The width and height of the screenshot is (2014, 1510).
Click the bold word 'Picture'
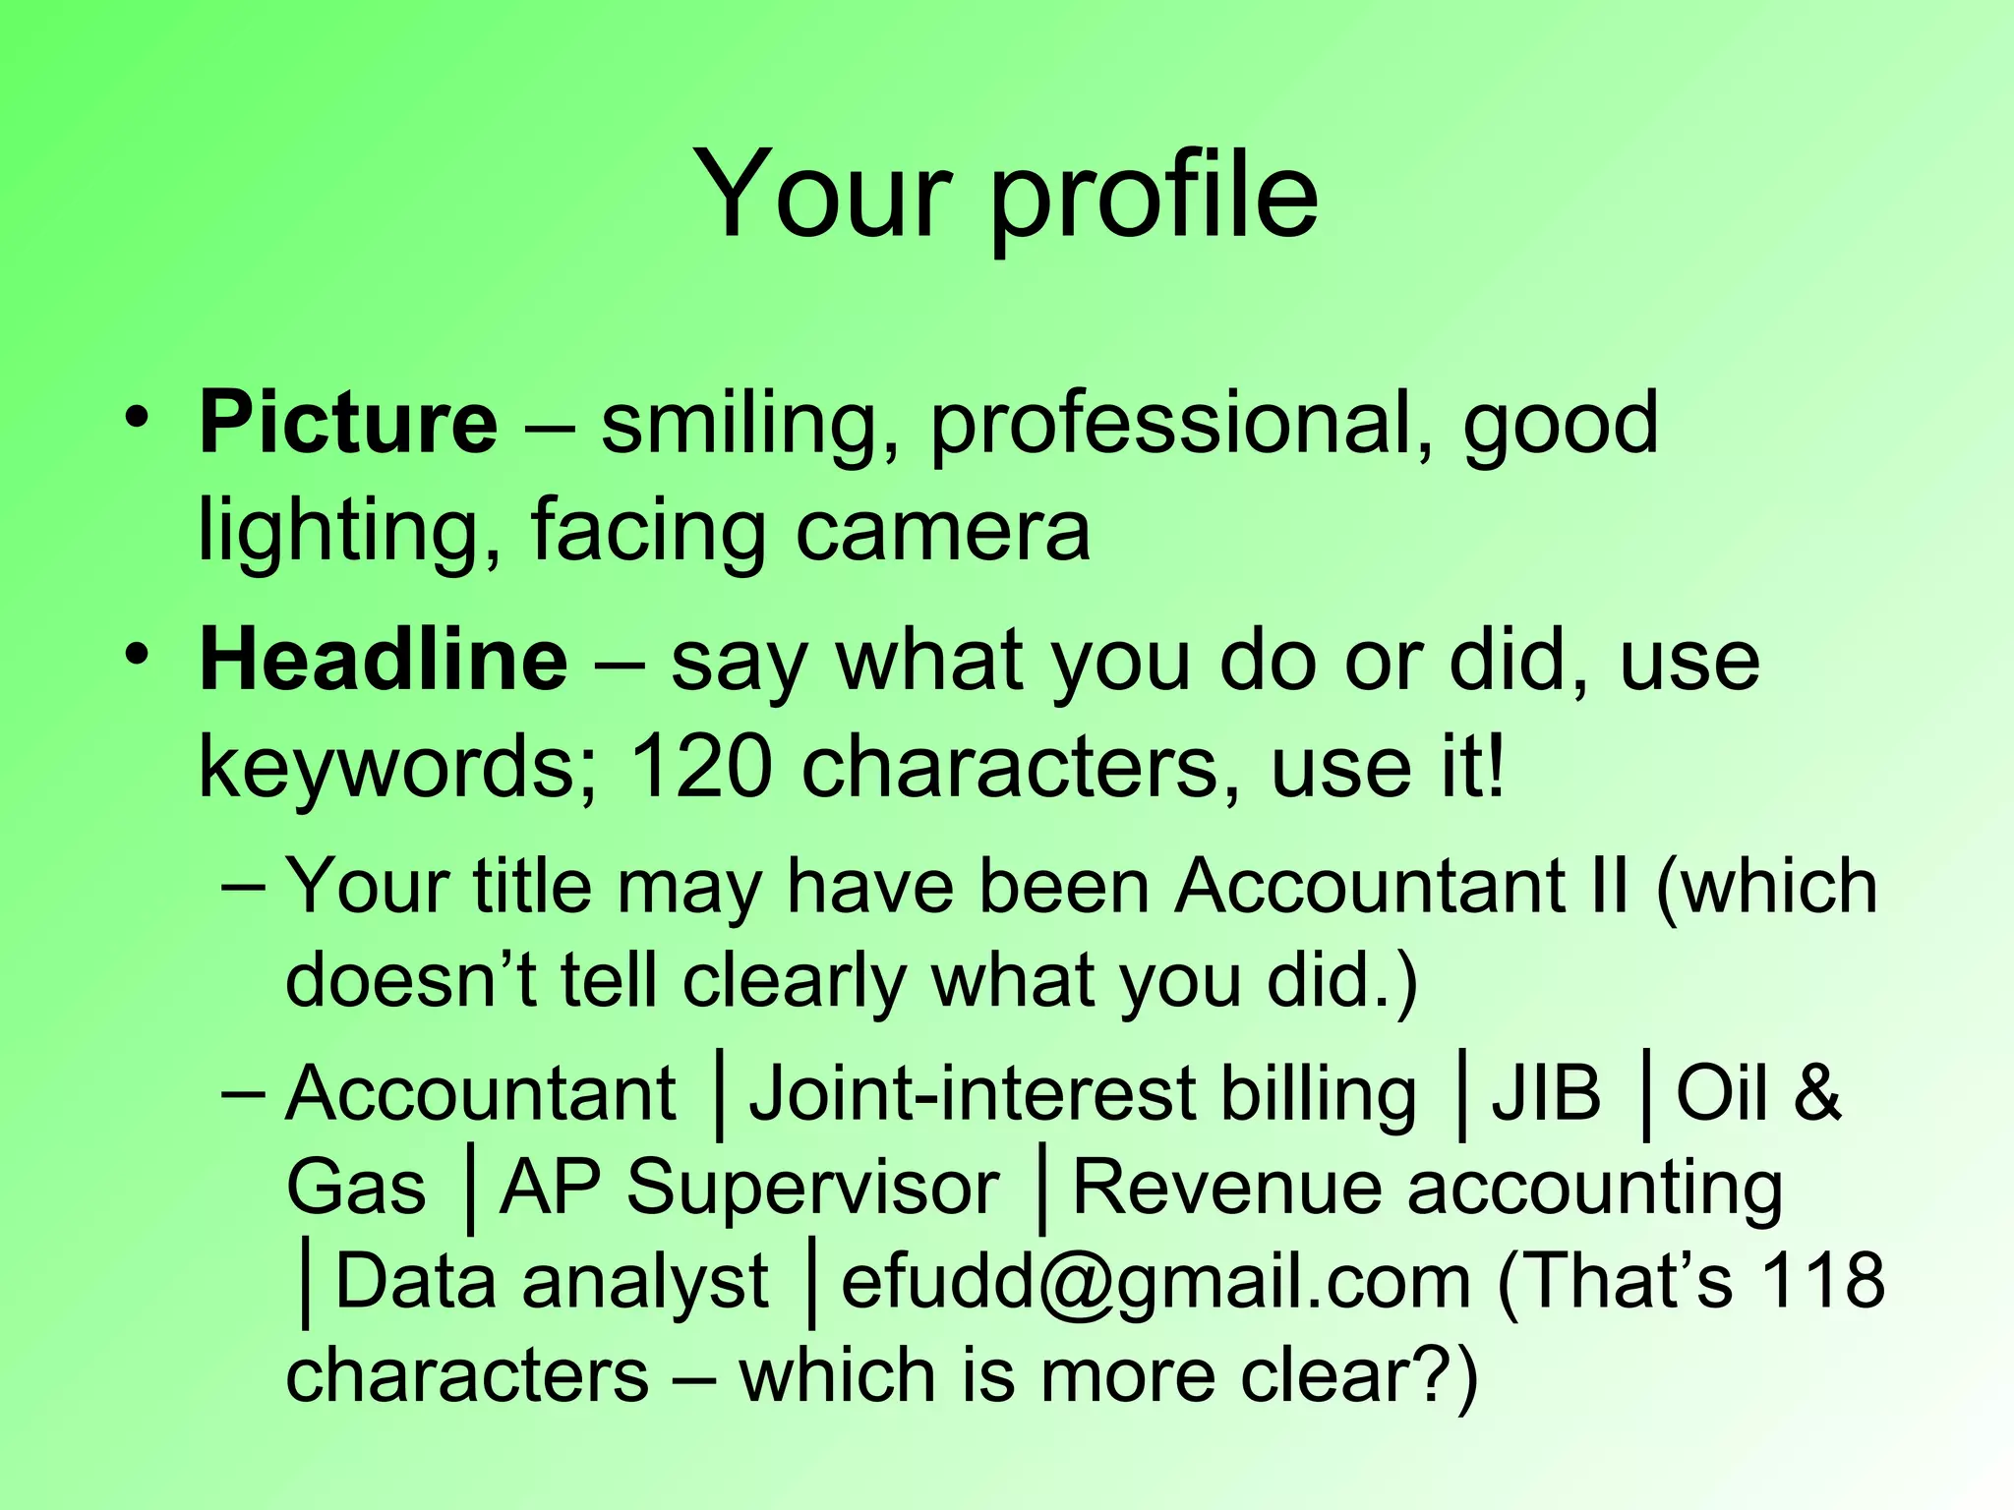click(348, 424)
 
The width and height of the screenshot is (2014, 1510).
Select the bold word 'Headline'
click(383, 661)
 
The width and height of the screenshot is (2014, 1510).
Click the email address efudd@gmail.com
click(1155, 1282)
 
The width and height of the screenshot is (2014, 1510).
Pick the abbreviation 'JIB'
click(1547, 1093)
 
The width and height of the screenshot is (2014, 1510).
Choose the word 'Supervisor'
click(813, 1188)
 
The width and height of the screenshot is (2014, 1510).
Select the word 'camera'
click(942, 531)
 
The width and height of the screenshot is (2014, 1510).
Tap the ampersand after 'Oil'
click(1816, 1093)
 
